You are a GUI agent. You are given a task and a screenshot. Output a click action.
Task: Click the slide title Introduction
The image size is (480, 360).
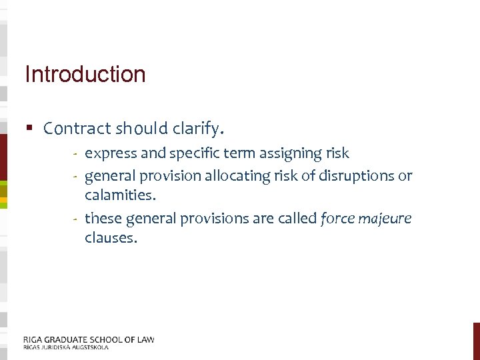pos(85,74)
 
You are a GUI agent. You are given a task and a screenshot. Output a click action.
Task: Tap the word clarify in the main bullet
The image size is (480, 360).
pos(203,128)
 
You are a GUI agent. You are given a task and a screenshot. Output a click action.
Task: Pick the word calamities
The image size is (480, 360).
pos(119,196)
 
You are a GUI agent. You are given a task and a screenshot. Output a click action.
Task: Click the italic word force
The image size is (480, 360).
pos(339,218)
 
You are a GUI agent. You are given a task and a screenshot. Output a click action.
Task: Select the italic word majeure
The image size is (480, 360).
pos(387,219)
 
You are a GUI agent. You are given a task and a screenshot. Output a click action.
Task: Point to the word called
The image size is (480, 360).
pos(300,217)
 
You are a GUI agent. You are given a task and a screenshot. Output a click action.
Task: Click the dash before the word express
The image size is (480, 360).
pos(77,154)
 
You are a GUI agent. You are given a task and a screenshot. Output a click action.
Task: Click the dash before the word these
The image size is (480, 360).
pos(77,218)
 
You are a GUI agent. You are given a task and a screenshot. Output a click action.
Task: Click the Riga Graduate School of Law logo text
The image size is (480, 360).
pos(89,339)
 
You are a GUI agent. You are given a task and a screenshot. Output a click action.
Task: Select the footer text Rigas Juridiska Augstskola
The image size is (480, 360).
pos(65,347)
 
